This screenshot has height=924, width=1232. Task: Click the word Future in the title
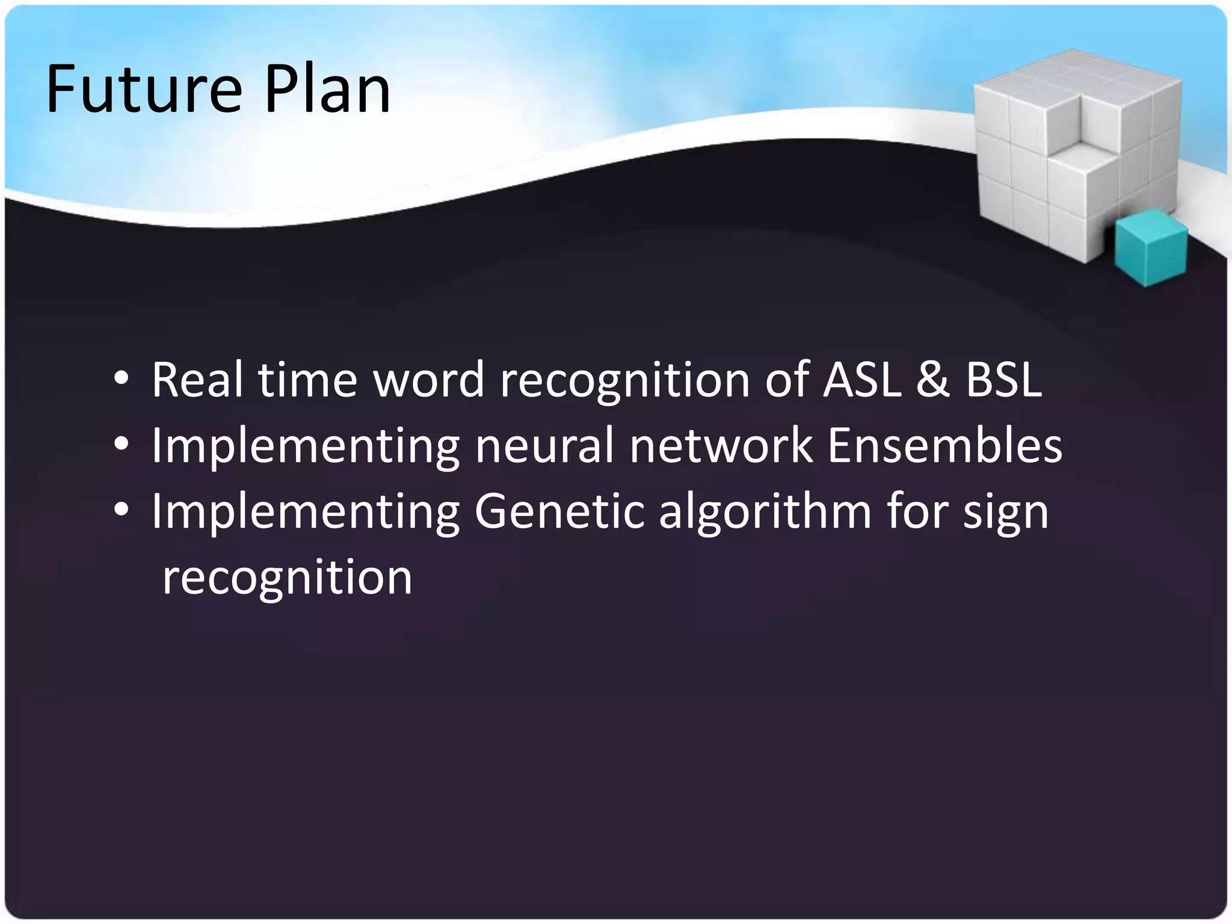(144, 90)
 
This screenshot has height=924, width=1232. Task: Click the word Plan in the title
(328, 90)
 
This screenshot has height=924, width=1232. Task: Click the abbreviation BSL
(1003, 380)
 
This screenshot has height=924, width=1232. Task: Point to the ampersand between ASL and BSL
(933, 381)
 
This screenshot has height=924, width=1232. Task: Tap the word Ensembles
(944, 446)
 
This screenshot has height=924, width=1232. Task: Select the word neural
(544, 446)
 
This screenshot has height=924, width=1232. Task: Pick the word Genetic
(559, 511)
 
